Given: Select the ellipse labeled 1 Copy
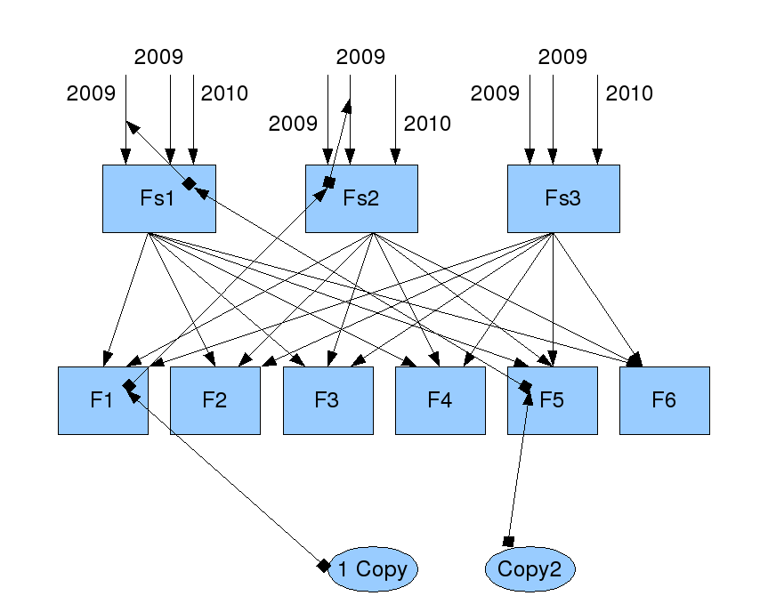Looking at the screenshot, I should pyautogui.click(x=373, y=569).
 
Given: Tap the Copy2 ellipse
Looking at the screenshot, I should pyautogui.click(x=530, y=570).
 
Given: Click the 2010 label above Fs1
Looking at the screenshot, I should pyautogui.click(x=224, y=93).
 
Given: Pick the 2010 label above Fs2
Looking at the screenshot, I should pyautogui.click(x=427, y=124).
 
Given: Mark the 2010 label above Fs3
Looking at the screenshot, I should pyautogui.click(x=629, y=93).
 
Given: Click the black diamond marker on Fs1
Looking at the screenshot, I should pyautogui.click(x=189, y=183).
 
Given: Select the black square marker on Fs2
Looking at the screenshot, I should pyautogui.click(x=328, y=182).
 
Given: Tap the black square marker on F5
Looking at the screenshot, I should pyautogui.click(x=525, y=387).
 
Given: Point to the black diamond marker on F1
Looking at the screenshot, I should pyautogui.click(x=130, y=385).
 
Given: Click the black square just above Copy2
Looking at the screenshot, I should pyautogui.click(x=509, y=541).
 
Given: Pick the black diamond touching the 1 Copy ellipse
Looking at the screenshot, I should pyautogui.click(x=324, y=566).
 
